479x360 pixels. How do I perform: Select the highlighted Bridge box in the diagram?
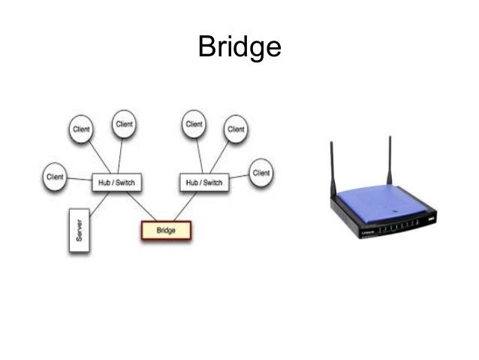point(166,230)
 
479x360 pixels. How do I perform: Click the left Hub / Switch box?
point(116,183)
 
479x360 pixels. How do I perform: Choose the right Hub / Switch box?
point(203,183)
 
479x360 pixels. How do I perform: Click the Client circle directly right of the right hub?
point(261,172)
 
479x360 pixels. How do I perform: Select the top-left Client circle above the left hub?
point(81,129)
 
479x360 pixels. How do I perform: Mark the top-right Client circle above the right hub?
point(236,129)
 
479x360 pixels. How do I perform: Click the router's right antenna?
point(390,158)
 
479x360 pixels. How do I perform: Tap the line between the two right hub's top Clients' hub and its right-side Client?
point(239,178)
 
